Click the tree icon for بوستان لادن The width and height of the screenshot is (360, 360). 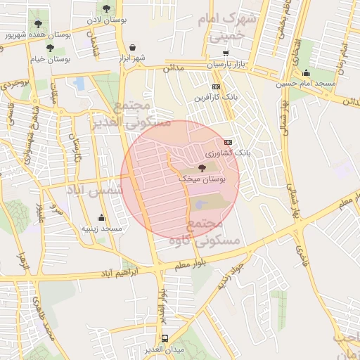coord(106,9)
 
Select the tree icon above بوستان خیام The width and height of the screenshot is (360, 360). coord(51,50)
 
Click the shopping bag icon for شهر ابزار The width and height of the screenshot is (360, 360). coord(133,47)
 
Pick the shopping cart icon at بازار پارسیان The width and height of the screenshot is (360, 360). coord(225,53)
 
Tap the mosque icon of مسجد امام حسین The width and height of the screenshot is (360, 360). coord(306,73)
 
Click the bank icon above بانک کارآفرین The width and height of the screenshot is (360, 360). coord(216,86)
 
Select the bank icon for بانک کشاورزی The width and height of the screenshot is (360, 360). coord(227,141)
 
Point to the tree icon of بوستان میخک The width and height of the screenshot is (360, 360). coord(202,169)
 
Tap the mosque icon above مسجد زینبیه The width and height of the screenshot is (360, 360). coord(102,217)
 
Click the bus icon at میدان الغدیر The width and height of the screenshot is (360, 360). coord(165,338)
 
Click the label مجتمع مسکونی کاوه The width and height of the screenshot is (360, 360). coord(205,232)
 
